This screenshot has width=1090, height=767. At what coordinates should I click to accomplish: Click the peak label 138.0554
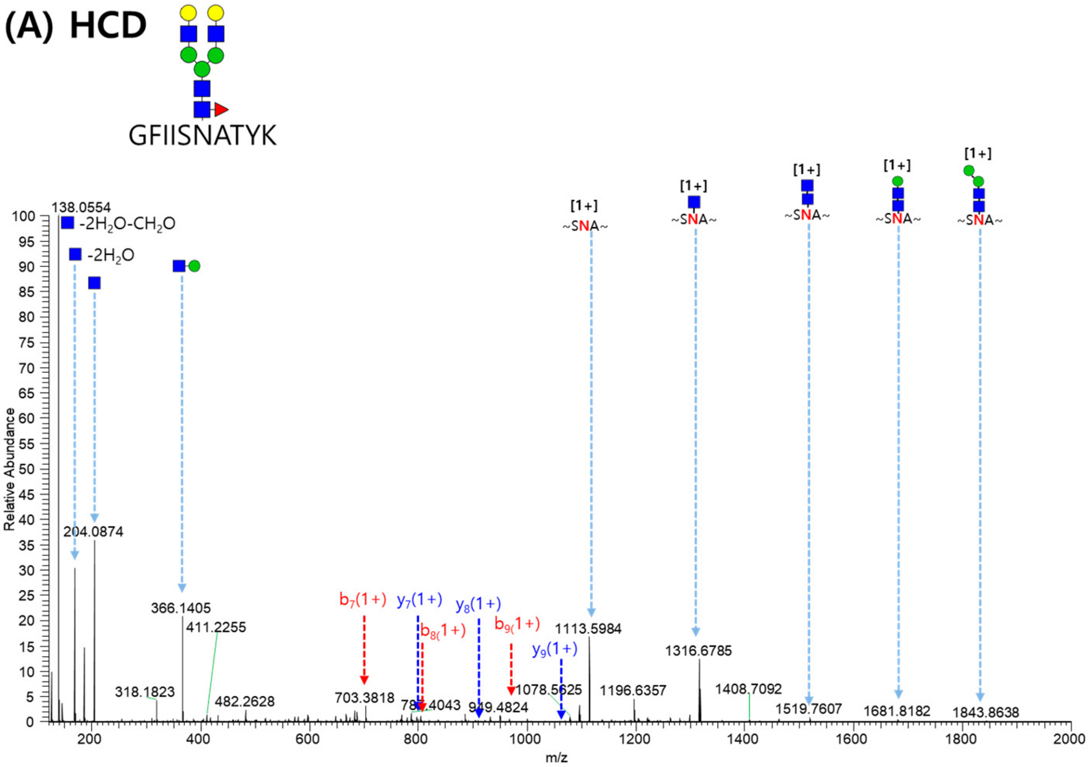pos(81,207)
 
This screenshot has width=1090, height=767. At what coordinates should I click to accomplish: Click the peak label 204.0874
pos(93,532)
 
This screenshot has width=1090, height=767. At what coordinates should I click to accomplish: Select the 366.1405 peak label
pos(181,608)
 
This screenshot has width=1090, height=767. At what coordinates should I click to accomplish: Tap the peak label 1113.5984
pos(588,629)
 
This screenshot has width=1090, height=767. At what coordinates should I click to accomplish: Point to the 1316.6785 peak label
pos(699,651)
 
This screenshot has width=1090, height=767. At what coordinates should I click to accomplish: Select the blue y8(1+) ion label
pos(478,605)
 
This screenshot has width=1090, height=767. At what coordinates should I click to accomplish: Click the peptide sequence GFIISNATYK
pos(203,136)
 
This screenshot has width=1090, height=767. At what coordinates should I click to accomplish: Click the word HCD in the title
pos(108,26)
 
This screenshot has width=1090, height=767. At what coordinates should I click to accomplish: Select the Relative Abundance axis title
pos(10,469)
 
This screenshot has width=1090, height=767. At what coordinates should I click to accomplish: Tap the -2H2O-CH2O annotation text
pos(127,223)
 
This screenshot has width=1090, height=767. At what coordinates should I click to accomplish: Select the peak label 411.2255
pos(216,628)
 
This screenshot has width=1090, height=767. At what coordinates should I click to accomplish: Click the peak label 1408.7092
pos(748,689)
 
